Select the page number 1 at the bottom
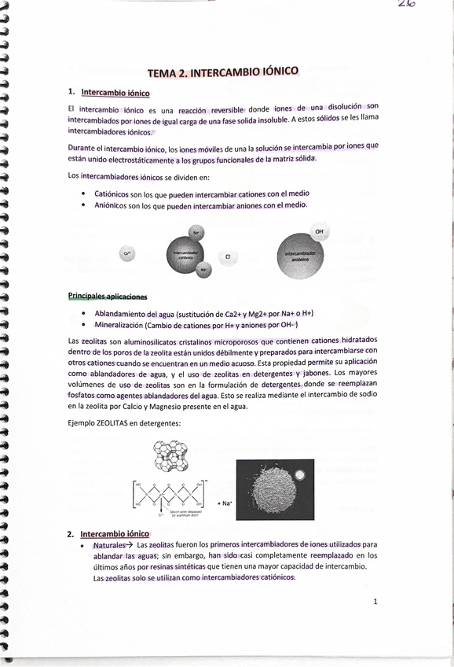(x=376, y=602)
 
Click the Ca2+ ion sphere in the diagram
(x=126, y=252)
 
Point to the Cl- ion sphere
(x=229, y=256)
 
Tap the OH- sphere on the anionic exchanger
(x=319, y=233)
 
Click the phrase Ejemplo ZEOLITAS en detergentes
(x=124, y=423)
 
